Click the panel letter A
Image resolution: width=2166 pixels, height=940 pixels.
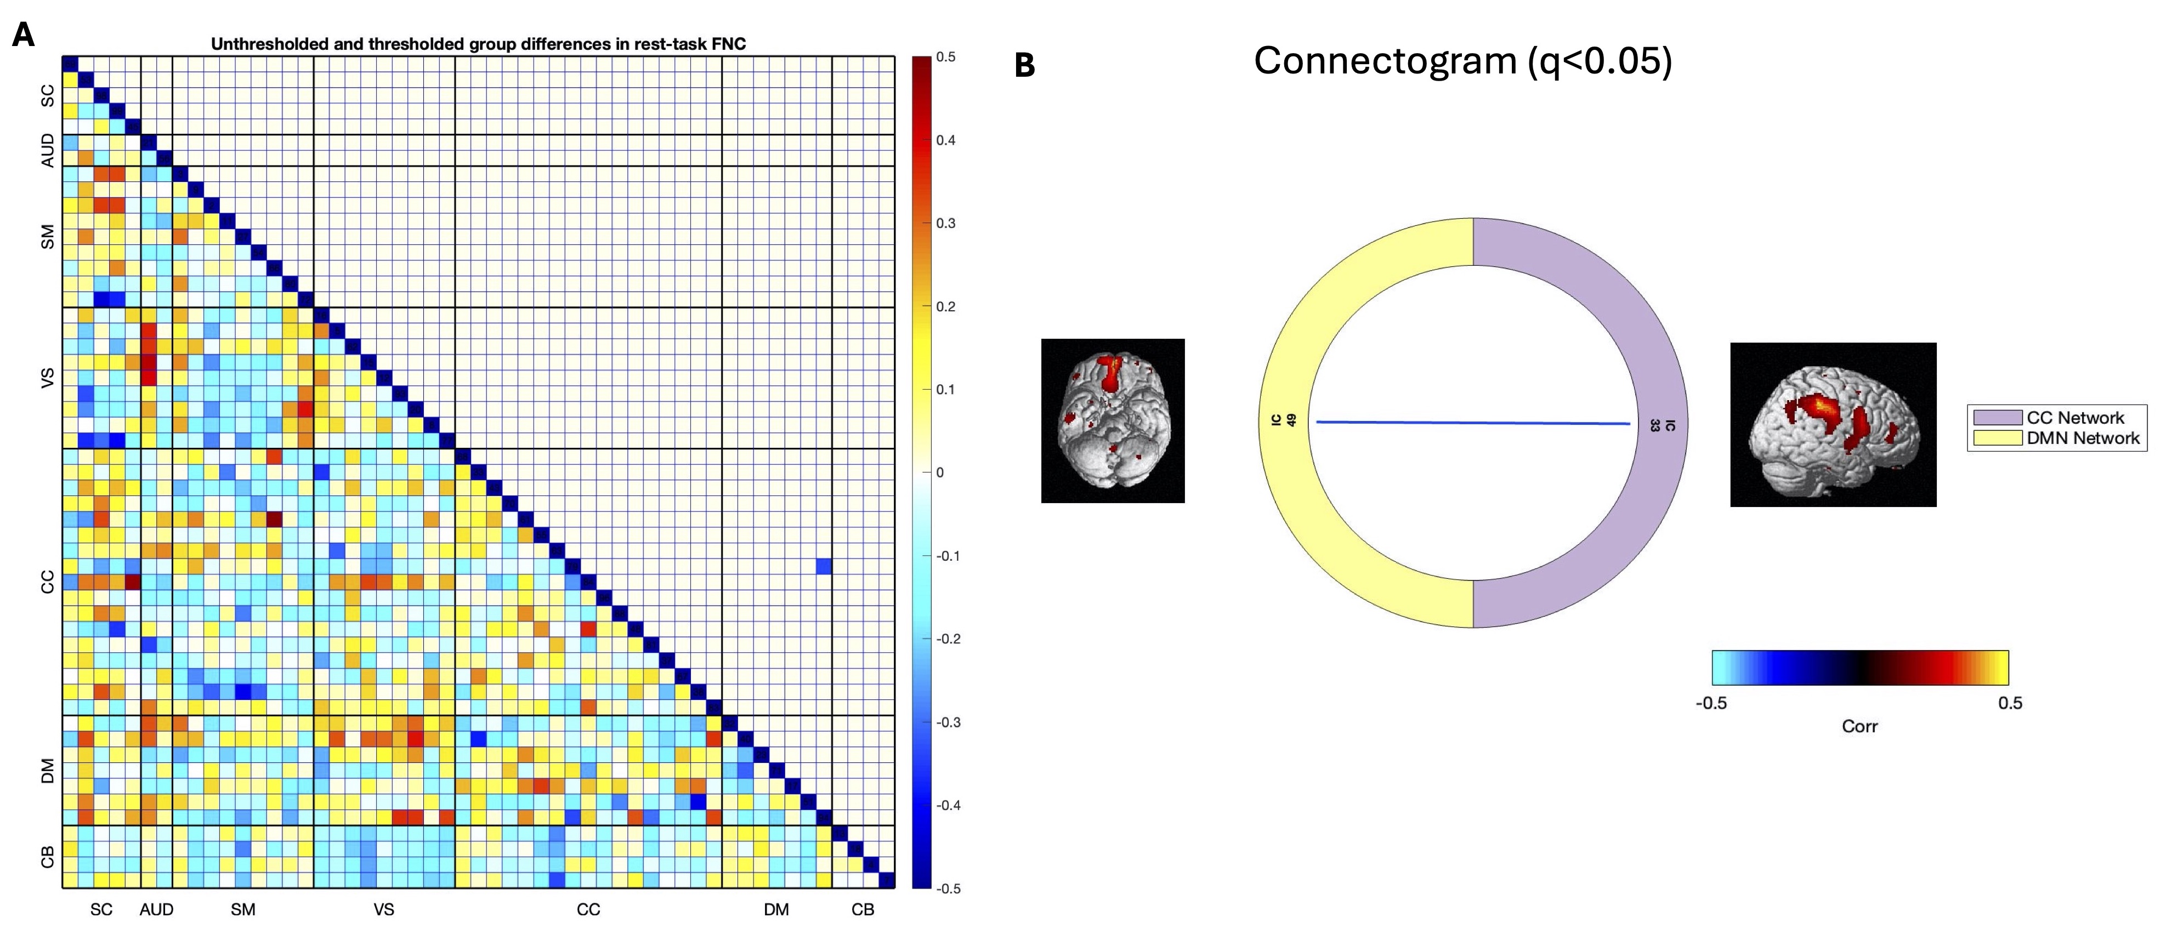[24, 35]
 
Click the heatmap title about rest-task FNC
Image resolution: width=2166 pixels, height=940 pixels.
[478, 44]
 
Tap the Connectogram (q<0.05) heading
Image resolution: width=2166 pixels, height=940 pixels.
[1462, 61]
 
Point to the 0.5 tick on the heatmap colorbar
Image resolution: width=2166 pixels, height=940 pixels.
[946, 57]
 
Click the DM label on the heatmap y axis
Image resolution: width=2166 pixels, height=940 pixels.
[47, 770]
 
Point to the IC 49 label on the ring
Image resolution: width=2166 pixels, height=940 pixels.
[1283, 419]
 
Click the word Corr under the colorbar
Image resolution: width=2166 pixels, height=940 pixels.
[1859, 726]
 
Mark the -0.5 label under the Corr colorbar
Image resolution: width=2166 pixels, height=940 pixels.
[1710, 703]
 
